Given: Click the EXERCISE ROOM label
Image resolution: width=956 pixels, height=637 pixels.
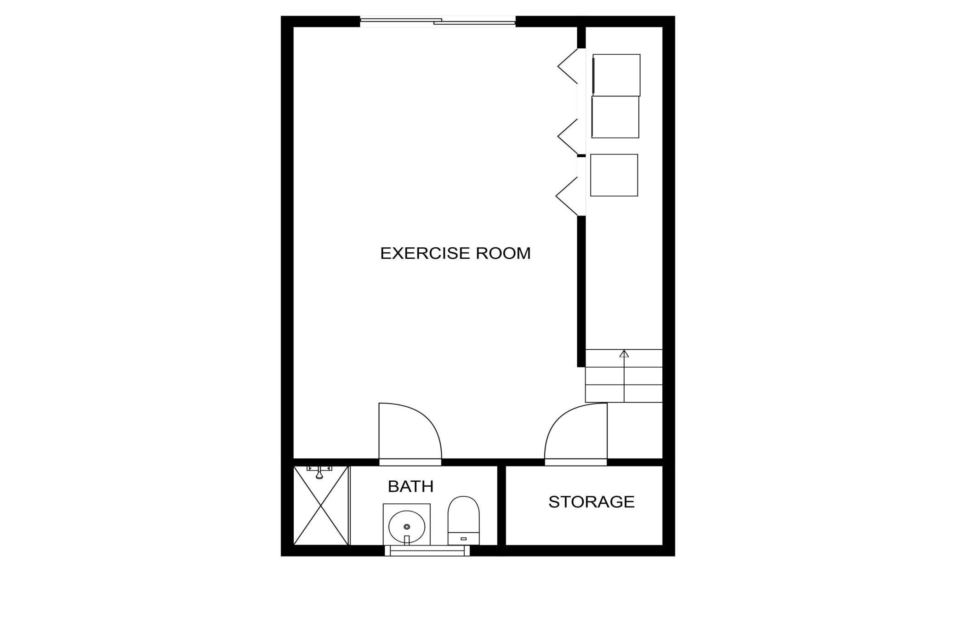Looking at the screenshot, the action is pyautogui.click(x=455, y=253).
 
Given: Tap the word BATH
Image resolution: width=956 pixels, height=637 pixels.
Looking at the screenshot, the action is pyautogui.click(x=410, y=486).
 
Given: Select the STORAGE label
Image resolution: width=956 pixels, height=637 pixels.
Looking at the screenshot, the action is pyautogui.click(x=591, y=502).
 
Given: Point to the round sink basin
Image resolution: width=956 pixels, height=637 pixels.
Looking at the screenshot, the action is pyautogui.click(x=406, y=526).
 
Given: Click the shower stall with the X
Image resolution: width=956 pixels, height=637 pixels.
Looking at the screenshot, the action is pyautogui.click(x=321, y=506).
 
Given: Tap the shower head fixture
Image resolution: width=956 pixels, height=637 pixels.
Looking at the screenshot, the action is pyautogui.click(x=319, y=472).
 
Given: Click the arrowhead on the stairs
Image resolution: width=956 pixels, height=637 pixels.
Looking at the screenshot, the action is pyautogui.click(x=624, y=353).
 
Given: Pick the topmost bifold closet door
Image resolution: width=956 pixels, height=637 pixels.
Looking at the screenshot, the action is pyautogui.click(x=568, y=66).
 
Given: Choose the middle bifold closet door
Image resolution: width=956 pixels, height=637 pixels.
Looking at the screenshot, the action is pyautogui.click(x=568, y=136).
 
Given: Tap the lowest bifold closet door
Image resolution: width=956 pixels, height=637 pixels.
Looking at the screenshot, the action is pyautogui.click(x=567, y=196).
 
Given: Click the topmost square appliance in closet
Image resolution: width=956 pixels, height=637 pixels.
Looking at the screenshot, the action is pyautogui.click(x=616, y=75).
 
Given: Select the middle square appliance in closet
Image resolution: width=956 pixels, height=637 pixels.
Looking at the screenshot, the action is pyautogui.click(x=615, y=117).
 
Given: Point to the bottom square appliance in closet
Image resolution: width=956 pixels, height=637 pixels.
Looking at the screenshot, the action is pyautogui.click(x=614, y=175).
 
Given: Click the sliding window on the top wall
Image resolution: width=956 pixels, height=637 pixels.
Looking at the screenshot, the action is pyautogui.click(x=438, y=21).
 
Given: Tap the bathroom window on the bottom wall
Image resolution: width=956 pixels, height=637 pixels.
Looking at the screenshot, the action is pyautogui.click(x=427, y=550).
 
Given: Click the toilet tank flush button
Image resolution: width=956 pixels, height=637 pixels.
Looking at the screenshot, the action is pyautogui.click(x=463, y=539).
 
